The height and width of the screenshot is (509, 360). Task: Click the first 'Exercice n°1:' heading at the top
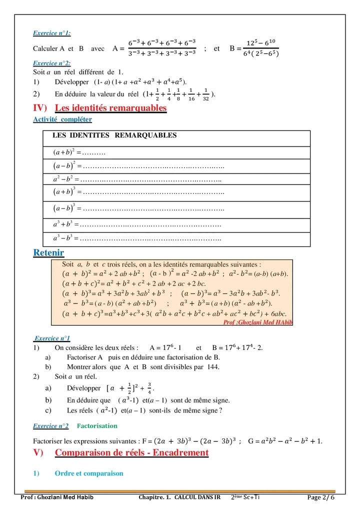coord(51,33)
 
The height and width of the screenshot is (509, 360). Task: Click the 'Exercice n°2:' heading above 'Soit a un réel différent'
coord(51,63)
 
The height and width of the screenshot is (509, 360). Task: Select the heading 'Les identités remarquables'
coord(110,108)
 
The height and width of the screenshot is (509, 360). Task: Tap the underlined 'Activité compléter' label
coord(62,119)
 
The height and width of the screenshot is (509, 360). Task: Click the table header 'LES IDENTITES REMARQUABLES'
coord(114,135)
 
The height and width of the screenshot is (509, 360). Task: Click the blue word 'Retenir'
coord(48,253)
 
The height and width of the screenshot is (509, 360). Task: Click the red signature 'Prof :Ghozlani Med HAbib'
coord(257,322)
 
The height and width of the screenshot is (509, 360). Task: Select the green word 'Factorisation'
coord(97,426)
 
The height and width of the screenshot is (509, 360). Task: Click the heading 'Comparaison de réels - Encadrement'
coord(131,453)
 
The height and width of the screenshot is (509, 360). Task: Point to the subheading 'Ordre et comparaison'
coord(89,473)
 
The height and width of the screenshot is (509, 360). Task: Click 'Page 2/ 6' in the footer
coord(320,497)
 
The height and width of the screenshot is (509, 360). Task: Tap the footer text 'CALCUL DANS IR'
coord(197,497)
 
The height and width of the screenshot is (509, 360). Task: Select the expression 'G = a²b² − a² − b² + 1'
coord(285,441)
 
